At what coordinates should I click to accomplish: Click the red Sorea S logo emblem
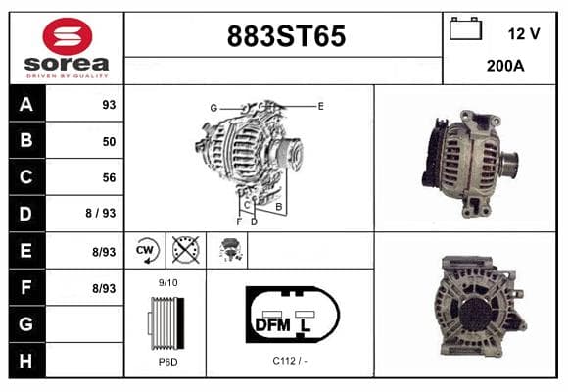coord(68,36)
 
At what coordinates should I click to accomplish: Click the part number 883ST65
coord(286,36)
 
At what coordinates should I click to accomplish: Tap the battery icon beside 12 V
coord(465,28)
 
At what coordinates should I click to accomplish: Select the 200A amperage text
coord(505,66)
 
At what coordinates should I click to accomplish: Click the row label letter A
coord(26,105)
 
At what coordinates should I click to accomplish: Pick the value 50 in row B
coord(109,141)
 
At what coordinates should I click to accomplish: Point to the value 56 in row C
coord(109,177)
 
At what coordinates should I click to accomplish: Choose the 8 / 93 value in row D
coord(101,213)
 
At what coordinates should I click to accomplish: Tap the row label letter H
coord(25,361)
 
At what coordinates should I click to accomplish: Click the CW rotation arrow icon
coord(147,250)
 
